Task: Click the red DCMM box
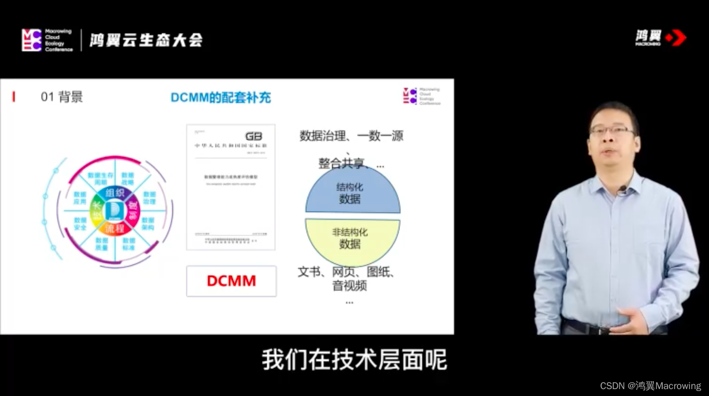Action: (x=231, y=281)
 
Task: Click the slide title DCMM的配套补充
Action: (x=221, y=98)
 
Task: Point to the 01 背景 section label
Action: (x=62, y=97)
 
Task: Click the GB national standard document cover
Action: (x=230, y=187)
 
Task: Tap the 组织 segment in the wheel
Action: (x=115, y=193)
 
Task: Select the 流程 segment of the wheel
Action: (x=115, y=229)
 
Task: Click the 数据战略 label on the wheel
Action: (x=128, y=179)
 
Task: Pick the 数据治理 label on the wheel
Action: (x=149, y=198)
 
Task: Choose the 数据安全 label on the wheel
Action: (x=80, y=223)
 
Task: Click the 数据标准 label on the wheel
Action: (x=129, y=244)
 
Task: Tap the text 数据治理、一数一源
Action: (x=352, y=136)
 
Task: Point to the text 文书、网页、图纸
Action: (x=347, y=272)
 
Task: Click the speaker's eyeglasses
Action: (x=612, y=131)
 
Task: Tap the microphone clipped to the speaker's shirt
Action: (x=622, y=189)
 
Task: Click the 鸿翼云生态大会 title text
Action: (x=146, y=40)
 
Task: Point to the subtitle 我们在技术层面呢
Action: (x=354, y=360)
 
